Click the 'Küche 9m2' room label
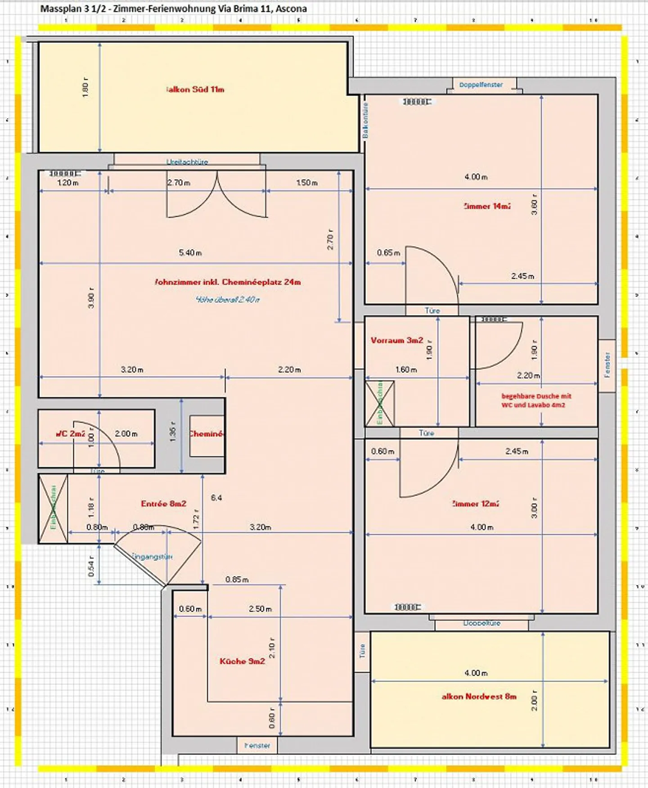(242, 661)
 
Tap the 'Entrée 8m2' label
(163, 504)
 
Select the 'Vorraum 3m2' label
(396, 340)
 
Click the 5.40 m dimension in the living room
(190, 253)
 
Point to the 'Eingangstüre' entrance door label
(152, 557)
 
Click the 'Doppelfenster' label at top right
(481, 85)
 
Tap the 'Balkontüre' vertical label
(365, 120)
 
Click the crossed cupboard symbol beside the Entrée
(53, 509)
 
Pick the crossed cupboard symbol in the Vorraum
(380, 403)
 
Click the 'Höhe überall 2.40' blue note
(228, 299)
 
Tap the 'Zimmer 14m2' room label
(487, 206)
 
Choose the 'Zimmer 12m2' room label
(475, 504)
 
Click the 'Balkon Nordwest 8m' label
(479, 696)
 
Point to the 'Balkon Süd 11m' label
(195, 89)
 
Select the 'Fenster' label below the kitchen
(257, 745)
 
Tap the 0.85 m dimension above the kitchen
(237, 579)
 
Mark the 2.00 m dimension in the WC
(126, 434)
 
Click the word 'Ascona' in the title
(291, 8)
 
